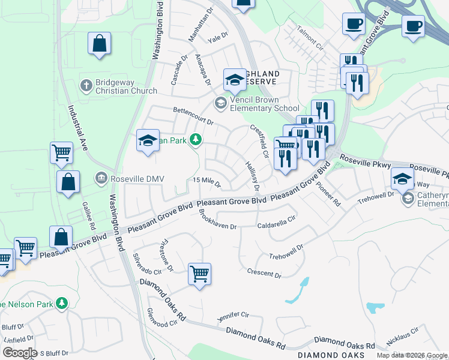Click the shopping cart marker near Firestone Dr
point(199,274)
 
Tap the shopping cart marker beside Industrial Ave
point(61,153)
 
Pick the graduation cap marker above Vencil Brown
point(235,79)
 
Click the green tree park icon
point(195,140)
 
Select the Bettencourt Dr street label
point(193,116)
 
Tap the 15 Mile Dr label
point(206,181)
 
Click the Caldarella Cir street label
point(277,220)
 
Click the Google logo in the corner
point(20,352)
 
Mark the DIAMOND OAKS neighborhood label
point(331,355)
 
